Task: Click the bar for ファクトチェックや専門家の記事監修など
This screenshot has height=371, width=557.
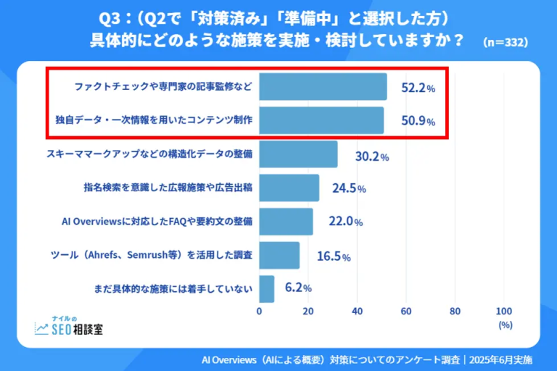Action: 322,86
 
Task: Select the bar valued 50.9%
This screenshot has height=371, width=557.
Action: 321,120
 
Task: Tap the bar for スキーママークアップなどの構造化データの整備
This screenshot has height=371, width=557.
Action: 298,154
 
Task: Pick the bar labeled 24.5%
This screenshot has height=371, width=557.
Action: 289,188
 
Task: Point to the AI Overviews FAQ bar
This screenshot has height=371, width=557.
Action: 286,222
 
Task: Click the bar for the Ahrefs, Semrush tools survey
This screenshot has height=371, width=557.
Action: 279,255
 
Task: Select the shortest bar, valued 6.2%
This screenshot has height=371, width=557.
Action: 266,288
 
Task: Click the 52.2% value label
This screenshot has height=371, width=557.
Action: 418,88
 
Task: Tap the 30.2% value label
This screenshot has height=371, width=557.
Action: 371,156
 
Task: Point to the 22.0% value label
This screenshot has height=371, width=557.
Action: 345,222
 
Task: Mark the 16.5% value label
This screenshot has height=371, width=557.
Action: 334,256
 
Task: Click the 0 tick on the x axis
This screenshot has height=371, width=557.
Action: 260,312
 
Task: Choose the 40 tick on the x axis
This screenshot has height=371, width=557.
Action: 358,312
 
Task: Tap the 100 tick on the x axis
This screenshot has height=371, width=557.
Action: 503,312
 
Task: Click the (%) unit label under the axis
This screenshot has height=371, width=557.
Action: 506,325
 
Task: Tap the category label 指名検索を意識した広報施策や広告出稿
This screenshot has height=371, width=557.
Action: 168,188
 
